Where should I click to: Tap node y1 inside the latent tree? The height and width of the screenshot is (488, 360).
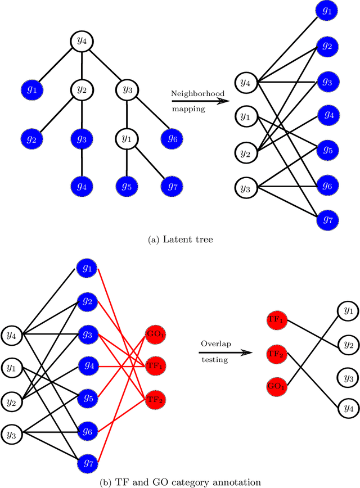(126, 137)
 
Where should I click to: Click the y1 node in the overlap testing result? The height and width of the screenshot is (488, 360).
(348, 310)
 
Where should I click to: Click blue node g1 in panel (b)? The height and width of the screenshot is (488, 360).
(87, 268)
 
